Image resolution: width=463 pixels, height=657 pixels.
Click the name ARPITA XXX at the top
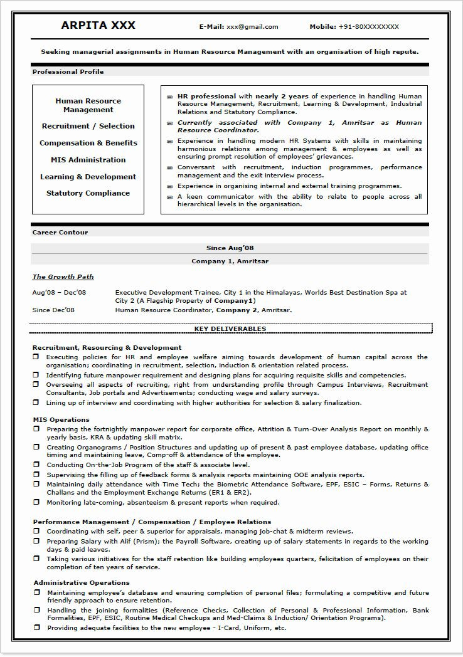(x=98, y=26)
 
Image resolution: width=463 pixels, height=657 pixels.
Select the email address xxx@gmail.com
(x=252, y=27)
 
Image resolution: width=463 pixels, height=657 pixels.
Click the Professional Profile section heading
(x=68, y=72)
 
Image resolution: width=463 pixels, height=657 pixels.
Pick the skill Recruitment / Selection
(x=88, y=126)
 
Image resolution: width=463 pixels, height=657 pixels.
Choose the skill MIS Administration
(x=88, y=160)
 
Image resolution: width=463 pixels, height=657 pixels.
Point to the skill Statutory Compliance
(x=88, y=193)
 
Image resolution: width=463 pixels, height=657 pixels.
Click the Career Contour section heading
(x=60, y=233)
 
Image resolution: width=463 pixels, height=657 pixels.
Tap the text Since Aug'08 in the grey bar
(x=230, y=248)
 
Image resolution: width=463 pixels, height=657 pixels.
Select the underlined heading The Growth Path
(x=63, y=276)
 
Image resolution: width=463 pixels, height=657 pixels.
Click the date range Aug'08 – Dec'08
(x=59, y=292)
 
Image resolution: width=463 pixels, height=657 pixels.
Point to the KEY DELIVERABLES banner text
(x=230, y=328)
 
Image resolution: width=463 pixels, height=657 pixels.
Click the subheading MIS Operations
(x=61, y=419)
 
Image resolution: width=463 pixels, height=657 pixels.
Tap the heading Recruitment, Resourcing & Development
(x=107, y=347)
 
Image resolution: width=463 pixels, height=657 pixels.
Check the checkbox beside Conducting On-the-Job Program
(x=37, y=465)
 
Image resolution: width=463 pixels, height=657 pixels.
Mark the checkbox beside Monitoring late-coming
(x=37, y=503)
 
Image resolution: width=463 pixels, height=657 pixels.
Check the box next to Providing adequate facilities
(x=37, y=628)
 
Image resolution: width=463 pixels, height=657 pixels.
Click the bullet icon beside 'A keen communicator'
(x=169, y=197)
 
